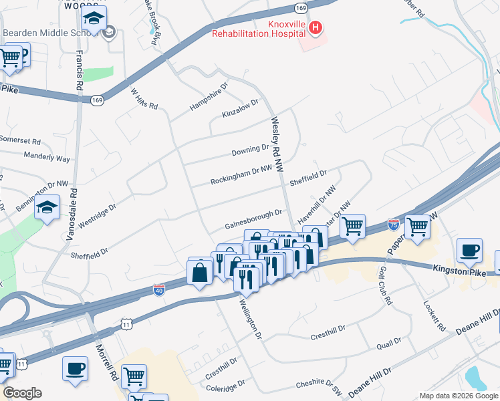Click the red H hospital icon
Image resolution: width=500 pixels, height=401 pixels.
[x=317, y=28]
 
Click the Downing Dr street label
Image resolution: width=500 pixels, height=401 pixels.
[x=250, y=150]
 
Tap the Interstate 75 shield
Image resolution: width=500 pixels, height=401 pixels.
[x=394, y=226]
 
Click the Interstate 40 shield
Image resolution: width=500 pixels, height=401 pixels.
[x=158, y=289]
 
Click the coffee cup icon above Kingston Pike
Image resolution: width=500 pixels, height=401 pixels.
[x=469, y=250]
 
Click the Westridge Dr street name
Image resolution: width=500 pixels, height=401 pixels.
[x=97, y=215]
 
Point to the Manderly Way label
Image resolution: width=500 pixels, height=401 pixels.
[x=47, y=158]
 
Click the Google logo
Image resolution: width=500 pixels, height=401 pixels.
[x=22, y=393]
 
